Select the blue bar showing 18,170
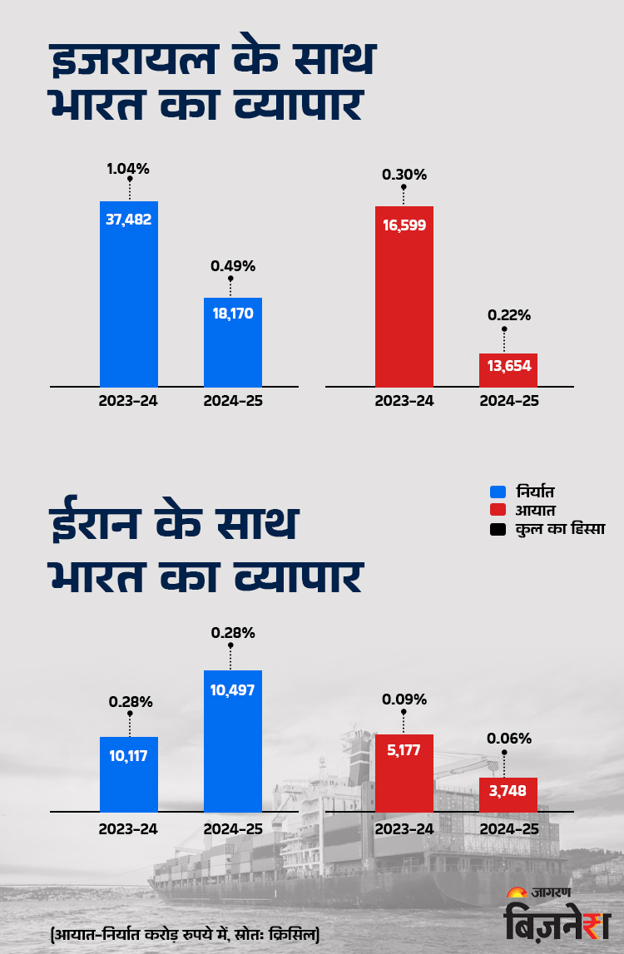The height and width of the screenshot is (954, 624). pyautogui.click(x=233, y=342)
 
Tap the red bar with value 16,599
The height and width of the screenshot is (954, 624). pyautogui.click(x=404, y=296)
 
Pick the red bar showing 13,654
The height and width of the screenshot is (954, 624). pyautogui.click(x=508, y=369)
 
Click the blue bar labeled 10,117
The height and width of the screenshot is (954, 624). pyautogui.click(x=129, y=774)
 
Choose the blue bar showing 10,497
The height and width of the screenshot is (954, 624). pyautogui.click(x=233, y=740)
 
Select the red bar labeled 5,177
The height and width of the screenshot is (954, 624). pyautogui.click(x=404, y=773)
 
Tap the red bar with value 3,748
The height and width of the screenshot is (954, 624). pyautogui.click(x=508, y=794)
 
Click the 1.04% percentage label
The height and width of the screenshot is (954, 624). pyautogui.click(x=128, y=169)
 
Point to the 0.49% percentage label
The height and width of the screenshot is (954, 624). pyautogui.click(x=233, y=266)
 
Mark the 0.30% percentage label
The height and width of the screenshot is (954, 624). pyautogui.click(x=404, y=175)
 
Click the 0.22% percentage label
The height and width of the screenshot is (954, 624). pyautogui.click(x=508, y=315)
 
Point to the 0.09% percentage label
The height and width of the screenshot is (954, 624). pyautogui.click(x=404, y=699)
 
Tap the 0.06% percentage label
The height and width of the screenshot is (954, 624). pyautogui.click(x=508, y=738)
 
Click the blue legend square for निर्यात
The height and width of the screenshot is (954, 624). pyautogui.click(x=498, y=491)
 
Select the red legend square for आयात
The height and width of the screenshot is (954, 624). pyautogui.click(x=498, y=509)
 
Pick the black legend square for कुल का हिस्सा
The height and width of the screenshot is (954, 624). pyautogui.click(x=498, y=529)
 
